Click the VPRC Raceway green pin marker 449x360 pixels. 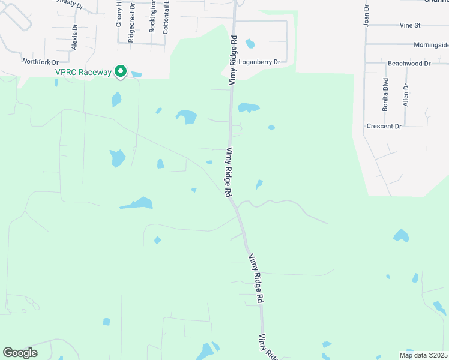(x=121, y=71)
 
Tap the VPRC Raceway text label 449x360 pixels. (x=84, y=73)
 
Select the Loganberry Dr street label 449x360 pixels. (x=259, y=62)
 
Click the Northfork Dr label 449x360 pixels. (x=40, y=62)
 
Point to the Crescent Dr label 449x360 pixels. (x=384, y=127)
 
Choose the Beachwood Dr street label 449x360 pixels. (x=409, y=63)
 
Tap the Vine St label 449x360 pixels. (x=410, y=26)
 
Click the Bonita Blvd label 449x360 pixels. (x=385, y=95)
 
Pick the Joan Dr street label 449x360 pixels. (x=365, y=16)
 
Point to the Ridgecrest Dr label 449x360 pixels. (x=131, y=22)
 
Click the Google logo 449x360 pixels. (x=20, y=353)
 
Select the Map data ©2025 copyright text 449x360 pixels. (x=423, y=355)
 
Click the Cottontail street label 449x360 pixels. (x=166, y=16)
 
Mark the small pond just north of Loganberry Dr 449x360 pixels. (x=250, y=43)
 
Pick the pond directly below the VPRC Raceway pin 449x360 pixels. (x=116, y=99)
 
